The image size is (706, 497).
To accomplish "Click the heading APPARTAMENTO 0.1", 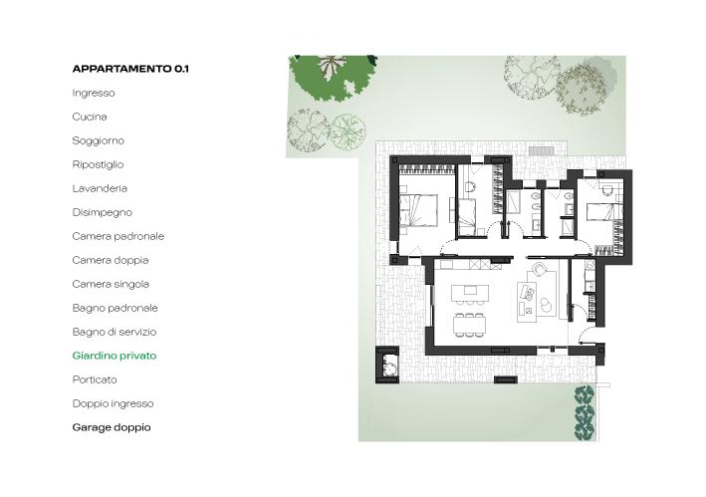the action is tap(130, 69).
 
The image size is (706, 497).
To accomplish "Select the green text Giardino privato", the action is tap(115, 357).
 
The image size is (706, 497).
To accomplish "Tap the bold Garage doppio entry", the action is tap(112, 427).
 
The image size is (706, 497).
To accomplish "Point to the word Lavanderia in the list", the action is tap(100, 188).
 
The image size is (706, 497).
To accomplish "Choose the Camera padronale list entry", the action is tap(118, 236).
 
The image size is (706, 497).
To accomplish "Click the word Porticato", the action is tap(95, 379).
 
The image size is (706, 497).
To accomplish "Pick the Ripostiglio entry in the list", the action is tap(98, 164).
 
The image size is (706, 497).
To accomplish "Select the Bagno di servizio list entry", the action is tap(115, 332).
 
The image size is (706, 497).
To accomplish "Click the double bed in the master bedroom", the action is tap(419, 210).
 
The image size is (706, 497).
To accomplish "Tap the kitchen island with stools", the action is tap(470, 292).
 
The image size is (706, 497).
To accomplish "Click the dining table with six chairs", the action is tap(470, 325).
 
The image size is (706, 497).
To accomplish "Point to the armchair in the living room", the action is tap(540, 271).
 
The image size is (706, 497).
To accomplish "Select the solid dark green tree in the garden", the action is tap(333, 77).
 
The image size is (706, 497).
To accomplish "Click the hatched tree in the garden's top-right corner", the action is tap(581, 89).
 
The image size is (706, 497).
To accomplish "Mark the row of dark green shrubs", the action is tap(585, 412).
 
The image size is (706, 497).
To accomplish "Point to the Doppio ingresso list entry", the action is tap(113, 403).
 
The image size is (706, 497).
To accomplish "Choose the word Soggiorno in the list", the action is tap(99, 140).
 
